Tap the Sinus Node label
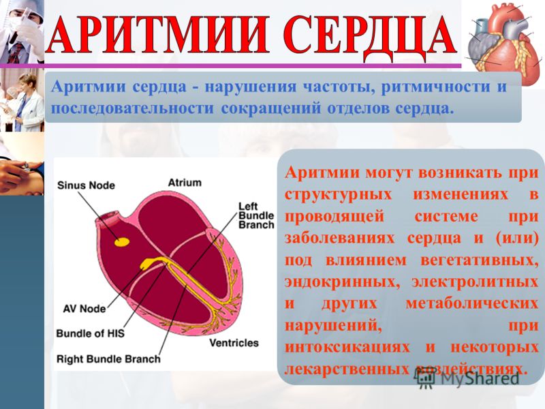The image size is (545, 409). [x=86, y=185]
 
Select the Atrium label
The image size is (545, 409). [x=185, y=183]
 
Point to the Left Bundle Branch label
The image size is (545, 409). [x=256, y=215]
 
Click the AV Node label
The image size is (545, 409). [x=84, y=309]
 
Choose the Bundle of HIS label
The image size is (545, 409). [x=90, y=333]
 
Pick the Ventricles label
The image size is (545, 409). [x=234, y=343]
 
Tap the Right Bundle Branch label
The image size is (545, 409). [x=108, y=359]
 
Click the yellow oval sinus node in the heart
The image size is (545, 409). [x=122, y=242]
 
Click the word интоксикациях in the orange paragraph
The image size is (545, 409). [x=347, y=347]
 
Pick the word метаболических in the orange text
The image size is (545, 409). [x=471, y=303]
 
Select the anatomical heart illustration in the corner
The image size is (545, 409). [x=504, y=44]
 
